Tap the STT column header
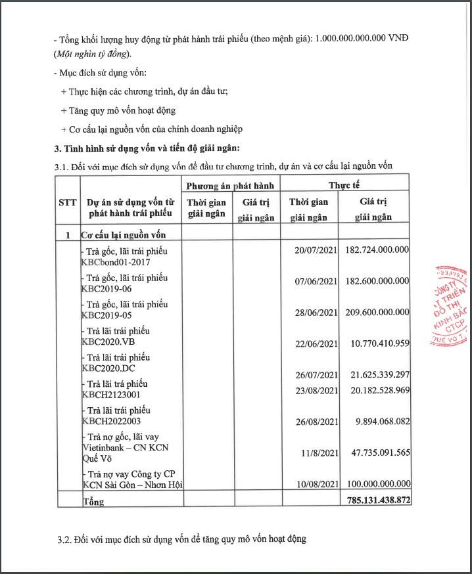(x=68, y=202)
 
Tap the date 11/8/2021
(x=318, y=452)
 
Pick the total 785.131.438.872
(x=376, y=500)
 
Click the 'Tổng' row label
(x=93, y=501)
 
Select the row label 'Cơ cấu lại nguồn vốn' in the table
(x=122, y=234)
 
